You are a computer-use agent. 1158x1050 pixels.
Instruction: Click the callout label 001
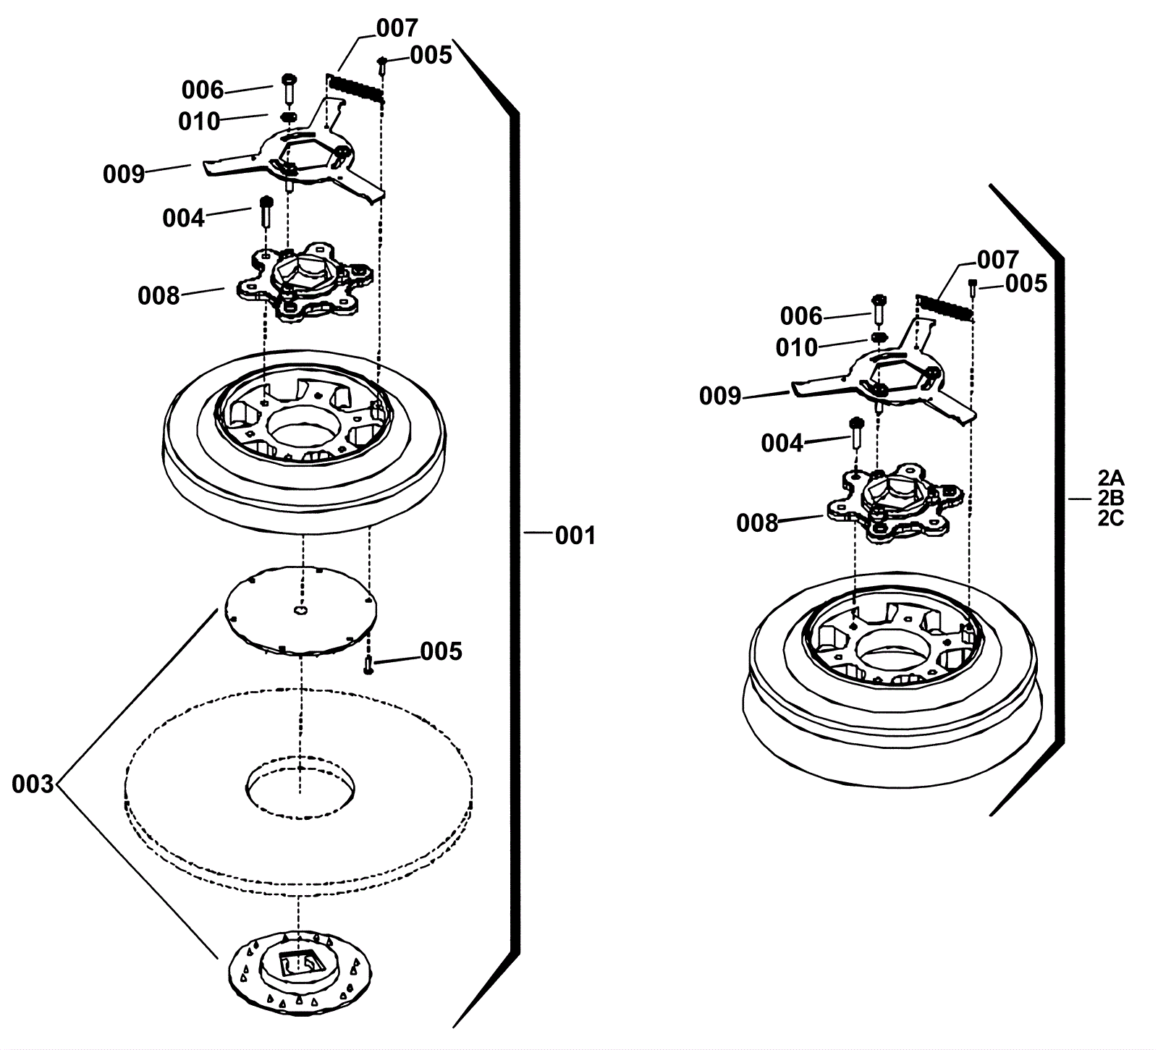point(575,535)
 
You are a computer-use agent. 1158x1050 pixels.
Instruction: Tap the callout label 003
point(33,784)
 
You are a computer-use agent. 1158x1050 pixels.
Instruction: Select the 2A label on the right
point(1110,478)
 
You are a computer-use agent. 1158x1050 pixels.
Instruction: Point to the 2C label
point(1110,519)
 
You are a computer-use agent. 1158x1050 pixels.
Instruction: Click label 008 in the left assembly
point(159,295)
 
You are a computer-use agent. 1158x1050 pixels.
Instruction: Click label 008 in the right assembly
point(757,522)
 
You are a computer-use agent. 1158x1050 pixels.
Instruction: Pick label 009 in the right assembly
point(720,396)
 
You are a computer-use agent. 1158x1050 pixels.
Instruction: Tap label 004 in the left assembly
point(183,217)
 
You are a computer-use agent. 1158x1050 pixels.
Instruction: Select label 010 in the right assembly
point(796,347)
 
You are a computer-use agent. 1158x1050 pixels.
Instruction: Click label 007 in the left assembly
point(397,28)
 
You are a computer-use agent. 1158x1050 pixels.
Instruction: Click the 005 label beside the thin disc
point(441,651)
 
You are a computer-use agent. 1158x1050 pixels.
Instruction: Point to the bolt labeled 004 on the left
point(265,212)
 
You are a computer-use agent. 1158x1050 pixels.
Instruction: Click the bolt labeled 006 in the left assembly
point(287,88)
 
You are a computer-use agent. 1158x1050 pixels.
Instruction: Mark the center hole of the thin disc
point(300,611)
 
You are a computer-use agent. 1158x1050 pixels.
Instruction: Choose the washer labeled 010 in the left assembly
point(288,117)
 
